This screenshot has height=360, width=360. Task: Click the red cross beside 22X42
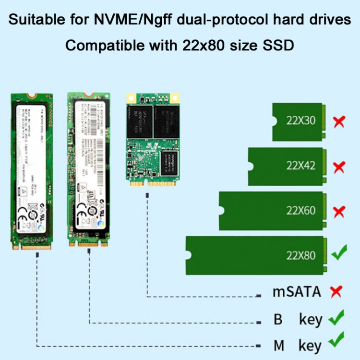click(x=339, y=167)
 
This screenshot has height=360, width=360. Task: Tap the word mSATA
click(x=296, y=291)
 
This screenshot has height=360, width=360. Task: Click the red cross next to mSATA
click(x=336, y=291)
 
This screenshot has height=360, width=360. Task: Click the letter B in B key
click(x=278, y=319)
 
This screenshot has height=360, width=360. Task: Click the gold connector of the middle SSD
click(x=88, y=243)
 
